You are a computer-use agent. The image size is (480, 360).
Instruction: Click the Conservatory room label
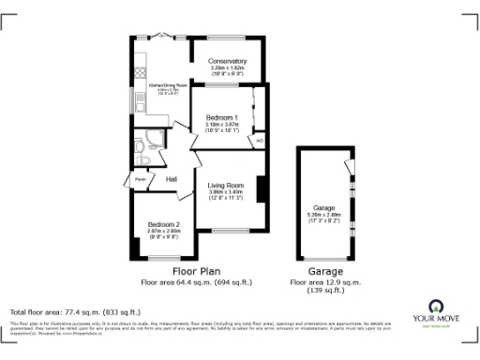pos(229,61)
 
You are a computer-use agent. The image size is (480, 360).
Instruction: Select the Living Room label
pos(226,186)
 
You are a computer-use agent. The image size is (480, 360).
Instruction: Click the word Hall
pos(172,179)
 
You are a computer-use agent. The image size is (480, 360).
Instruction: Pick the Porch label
pos(140,178)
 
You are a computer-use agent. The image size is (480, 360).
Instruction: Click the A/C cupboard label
pos(259,140)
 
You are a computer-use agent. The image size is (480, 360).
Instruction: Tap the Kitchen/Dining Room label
pos(162,84)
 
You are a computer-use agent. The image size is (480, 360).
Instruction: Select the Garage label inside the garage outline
pos(324,207)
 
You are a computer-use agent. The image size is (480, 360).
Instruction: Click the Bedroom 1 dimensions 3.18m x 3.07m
pos(223,126)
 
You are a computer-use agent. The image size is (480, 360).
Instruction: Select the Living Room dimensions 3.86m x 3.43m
pos(226,195)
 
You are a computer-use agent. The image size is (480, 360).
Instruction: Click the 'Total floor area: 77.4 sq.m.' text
pos(75,311)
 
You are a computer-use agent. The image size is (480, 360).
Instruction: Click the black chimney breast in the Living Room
pos(262,187)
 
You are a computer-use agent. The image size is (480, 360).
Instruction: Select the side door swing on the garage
pos(350,169)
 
